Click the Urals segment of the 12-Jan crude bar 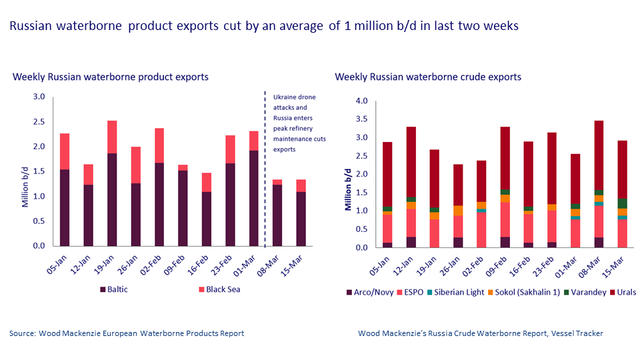coord(411,161)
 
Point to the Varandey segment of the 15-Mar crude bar coord(622,203)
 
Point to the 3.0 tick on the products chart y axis coord(39,97)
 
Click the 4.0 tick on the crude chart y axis coord(362,101)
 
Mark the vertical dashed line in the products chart coord(265,200)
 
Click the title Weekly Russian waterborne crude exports coord(427,77)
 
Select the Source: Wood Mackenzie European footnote coord(127,333)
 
